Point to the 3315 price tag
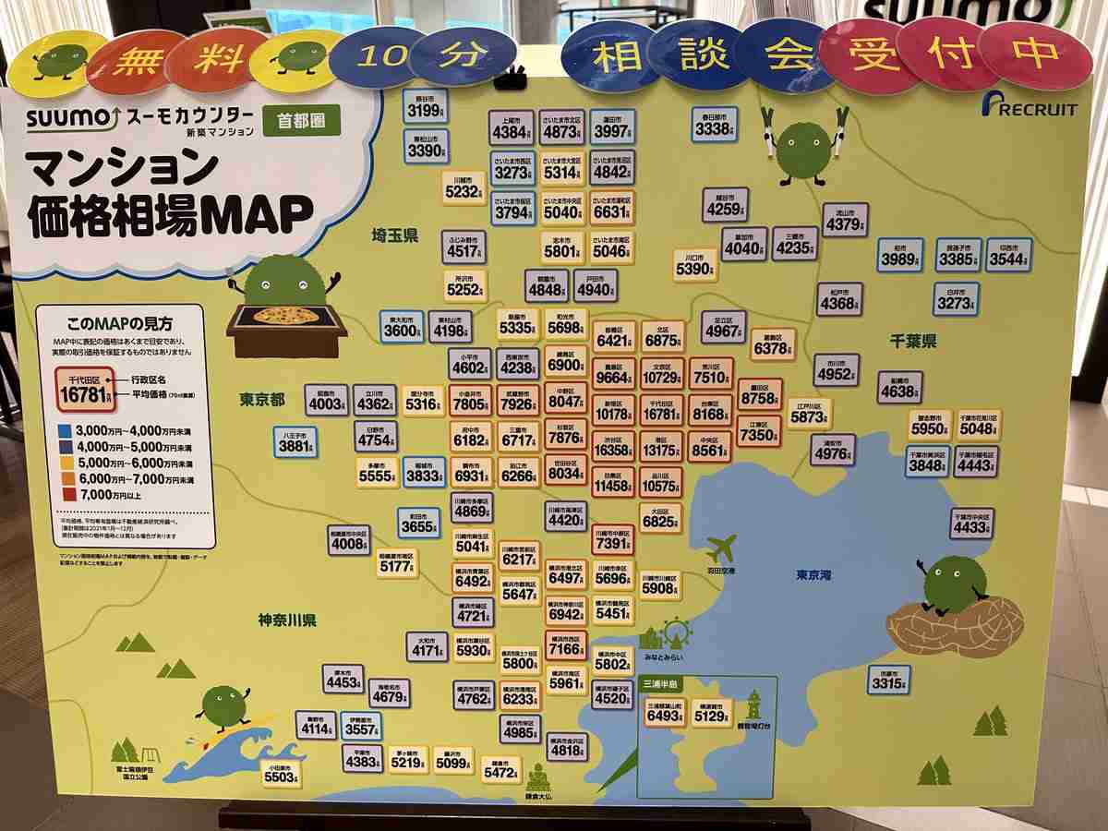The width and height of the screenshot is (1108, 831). click(889, 681)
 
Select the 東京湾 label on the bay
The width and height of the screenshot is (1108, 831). click(813, 574)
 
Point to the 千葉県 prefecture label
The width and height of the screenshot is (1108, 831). click(914, 342)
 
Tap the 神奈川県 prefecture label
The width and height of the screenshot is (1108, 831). click(287, 620)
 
